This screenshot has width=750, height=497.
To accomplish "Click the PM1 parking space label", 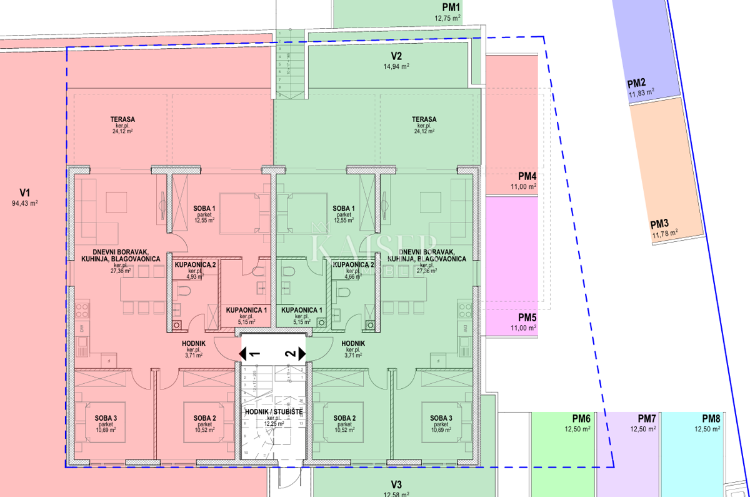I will [x=451, y=8].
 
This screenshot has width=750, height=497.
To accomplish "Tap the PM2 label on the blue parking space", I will [x=637, y=83].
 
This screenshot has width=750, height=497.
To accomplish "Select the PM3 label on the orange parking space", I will [x=659, y=224].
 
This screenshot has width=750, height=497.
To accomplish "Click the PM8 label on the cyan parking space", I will [x=711, y=419].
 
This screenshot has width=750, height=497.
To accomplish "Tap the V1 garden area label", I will [x=25, y=193].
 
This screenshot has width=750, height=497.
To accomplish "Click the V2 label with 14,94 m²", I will [x=396, y=56].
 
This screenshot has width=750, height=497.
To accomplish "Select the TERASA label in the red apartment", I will [x=123, y=119].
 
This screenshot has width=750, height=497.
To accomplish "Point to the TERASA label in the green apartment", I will [x=424, y=119].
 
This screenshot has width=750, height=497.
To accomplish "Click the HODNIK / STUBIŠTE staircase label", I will [x=274, y=412].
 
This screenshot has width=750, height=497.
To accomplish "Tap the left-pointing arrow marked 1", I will [x=243, y=354].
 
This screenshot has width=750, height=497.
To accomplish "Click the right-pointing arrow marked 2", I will [x=302, y=354].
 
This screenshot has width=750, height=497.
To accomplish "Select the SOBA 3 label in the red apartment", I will [x=107, y=418].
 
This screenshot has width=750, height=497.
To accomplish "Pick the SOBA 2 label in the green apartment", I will [x=345, y=418].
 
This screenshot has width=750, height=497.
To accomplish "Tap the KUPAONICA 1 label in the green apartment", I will [x=302, y=310].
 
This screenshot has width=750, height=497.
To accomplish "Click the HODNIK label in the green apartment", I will [x=353, y=344].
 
